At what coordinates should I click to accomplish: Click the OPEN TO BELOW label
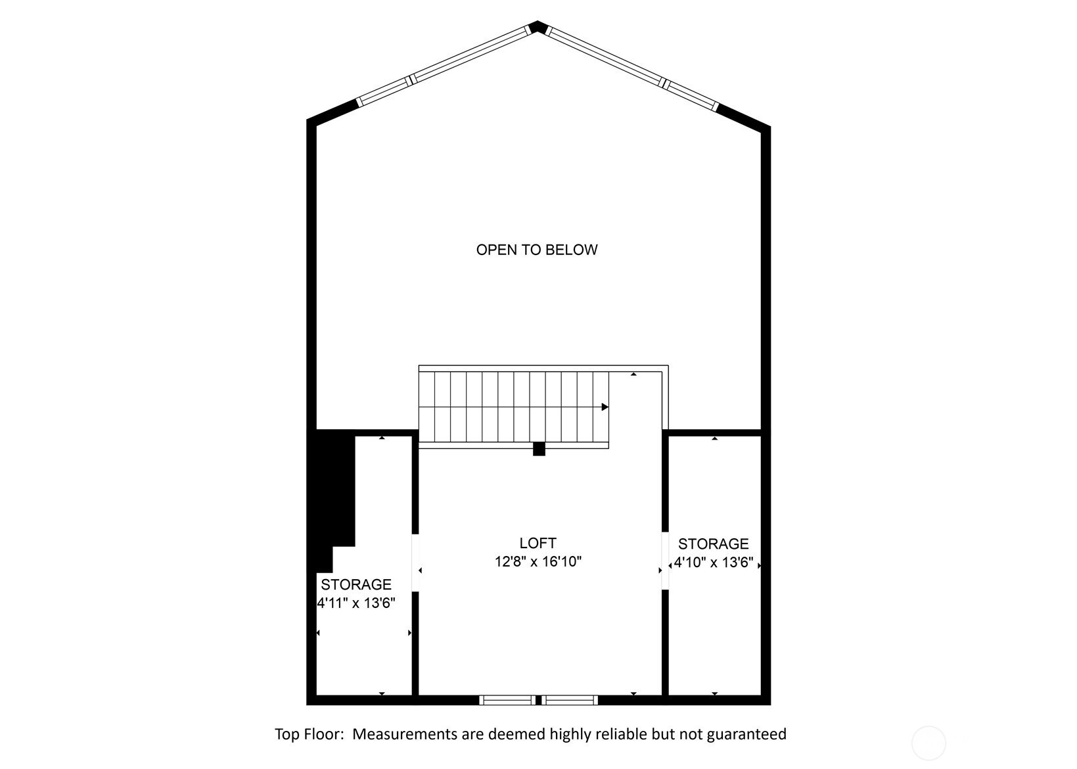tap(537, 250)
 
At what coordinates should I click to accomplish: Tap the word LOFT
tap(538, 543)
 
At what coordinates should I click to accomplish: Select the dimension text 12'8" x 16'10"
tap(538, 561)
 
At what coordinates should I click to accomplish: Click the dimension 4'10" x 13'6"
tap(714, 562)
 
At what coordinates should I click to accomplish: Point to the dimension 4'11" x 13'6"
tap(355, 603)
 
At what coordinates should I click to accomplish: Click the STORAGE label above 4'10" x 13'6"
tap(714, 544)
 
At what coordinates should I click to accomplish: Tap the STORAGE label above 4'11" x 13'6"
tap(356, 584)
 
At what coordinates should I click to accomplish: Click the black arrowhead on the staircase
tap(605, 407)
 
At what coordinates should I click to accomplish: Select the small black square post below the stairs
tap(539, 449)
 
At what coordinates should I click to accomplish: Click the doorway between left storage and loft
tap(416, 562)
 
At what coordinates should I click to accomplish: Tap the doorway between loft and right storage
tap(666, 560)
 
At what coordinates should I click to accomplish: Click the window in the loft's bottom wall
tap(539, 700)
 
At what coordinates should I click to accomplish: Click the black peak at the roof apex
tap(537, 26)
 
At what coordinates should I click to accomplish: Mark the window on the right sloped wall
tap(631, 68)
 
